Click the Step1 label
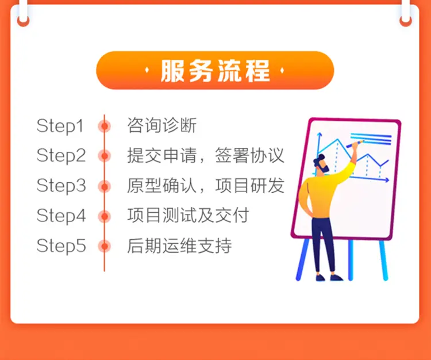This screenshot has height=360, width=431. coord(60,126)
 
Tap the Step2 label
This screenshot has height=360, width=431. coord(61,156)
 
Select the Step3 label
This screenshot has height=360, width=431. coord(61,186)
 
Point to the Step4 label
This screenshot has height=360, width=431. coord(61,216)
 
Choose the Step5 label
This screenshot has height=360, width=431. coord(61,246)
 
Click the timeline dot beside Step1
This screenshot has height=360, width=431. coord(105,127)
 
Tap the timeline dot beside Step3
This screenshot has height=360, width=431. coord(105,186)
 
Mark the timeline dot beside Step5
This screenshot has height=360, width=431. coord(105,246)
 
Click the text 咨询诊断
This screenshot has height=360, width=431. coord(162,125)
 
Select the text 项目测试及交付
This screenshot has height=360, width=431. coord(188,215)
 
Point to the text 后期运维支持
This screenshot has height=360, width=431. coord(179,246)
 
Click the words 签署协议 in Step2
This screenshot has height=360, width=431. coord(249,155)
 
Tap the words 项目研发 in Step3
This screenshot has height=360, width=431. coord(249,185)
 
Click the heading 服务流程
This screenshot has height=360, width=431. coord(215,71)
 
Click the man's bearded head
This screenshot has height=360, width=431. coord(321,164)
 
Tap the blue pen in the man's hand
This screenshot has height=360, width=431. coord(355,144)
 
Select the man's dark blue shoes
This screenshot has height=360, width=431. coord(329,277)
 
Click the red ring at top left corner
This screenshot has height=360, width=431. coord(23,21)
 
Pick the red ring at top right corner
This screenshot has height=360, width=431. coord(406,21)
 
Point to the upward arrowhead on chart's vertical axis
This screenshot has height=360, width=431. coord(319,135)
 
